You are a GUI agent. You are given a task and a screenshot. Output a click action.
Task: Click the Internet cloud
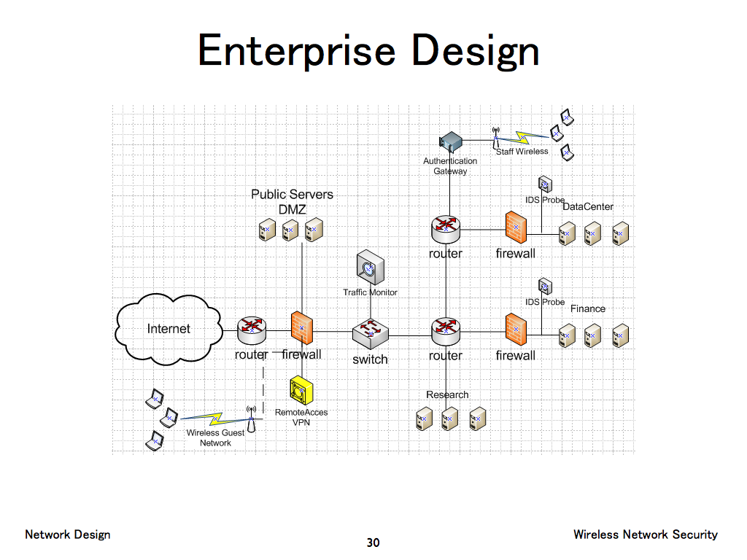coord(169,330)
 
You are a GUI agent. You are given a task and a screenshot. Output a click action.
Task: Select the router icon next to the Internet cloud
coord(252,330)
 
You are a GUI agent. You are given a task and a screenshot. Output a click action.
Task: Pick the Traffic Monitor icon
coord(370,268)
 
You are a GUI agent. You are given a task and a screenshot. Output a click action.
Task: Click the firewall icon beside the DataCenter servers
coord(516,228)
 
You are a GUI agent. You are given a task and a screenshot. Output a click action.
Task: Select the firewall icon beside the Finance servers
coord(516,330)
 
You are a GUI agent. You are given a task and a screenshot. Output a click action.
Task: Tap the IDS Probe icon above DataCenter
coord(543,184)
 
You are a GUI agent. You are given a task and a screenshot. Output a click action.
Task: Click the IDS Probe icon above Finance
coord(543,286)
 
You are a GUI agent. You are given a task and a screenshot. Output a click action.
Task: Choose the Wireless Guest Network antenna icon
coord(252,419)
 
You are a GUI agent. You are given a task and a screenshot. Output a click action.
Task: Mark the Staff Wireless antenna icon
coord(496,139)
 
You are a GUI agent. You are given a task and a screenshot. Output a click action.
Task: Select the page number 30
coord(373,542)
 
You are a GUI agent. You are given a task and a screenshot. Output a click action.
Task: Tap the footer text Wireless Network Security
coord(645,534)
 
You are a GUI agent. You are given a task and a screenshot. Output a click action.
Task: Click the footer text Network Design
coord(68,534)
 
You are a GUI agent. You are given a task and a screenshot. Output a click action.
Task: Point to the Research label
coord(447,394)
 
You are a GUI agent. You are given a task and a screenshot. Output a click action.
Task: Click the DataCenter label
coord(588,206)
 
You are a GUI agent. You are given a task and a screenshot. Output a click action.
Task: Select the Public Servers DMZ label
coord(292,202)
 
